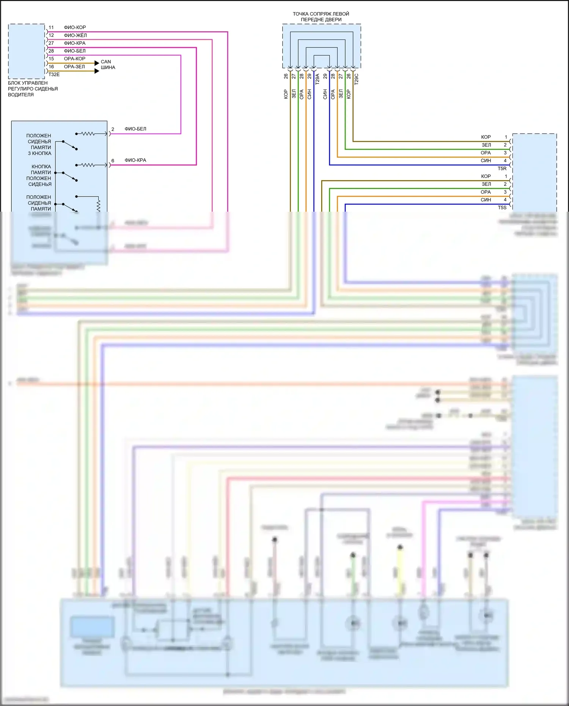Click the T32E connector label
tap(54, 74)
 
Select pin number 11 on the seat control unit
tap(51, 27)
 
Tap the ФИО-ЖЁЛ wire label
tap(75, 35)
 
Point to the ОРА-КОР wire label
tap(75, 59)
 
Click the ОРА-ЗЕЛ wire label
tap(74, 67)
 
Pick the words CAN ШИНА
tap(108, 64)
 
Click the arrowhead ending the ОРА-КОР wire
tap(97, 63)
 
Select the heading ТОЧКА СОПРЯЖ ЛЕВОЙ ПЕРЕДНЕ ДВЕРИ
tap(321, 17)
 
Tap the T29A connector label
tap(318, 79)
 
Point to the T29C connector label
tap(356, 79)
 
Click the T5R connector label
tap(502, 168)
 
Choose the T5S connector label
tap(502, 208)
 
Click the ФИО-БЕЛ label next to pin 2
tap(135, 129)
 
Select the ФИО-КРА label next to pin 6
tap(135, 160)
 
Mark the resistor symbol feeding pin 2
tap(88, 134)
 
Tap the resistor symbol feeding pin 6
tap(88, 165)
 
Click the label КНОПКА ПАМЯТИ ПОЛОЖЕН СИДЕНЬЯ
tap(39, 175)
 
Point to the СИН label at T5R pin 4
tap(486, 160)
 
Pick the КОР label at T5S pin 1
tap(486, 176)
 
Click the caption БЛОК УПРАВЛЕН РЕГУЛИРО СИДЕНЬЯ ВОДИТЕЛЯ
tap(33, 89)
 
